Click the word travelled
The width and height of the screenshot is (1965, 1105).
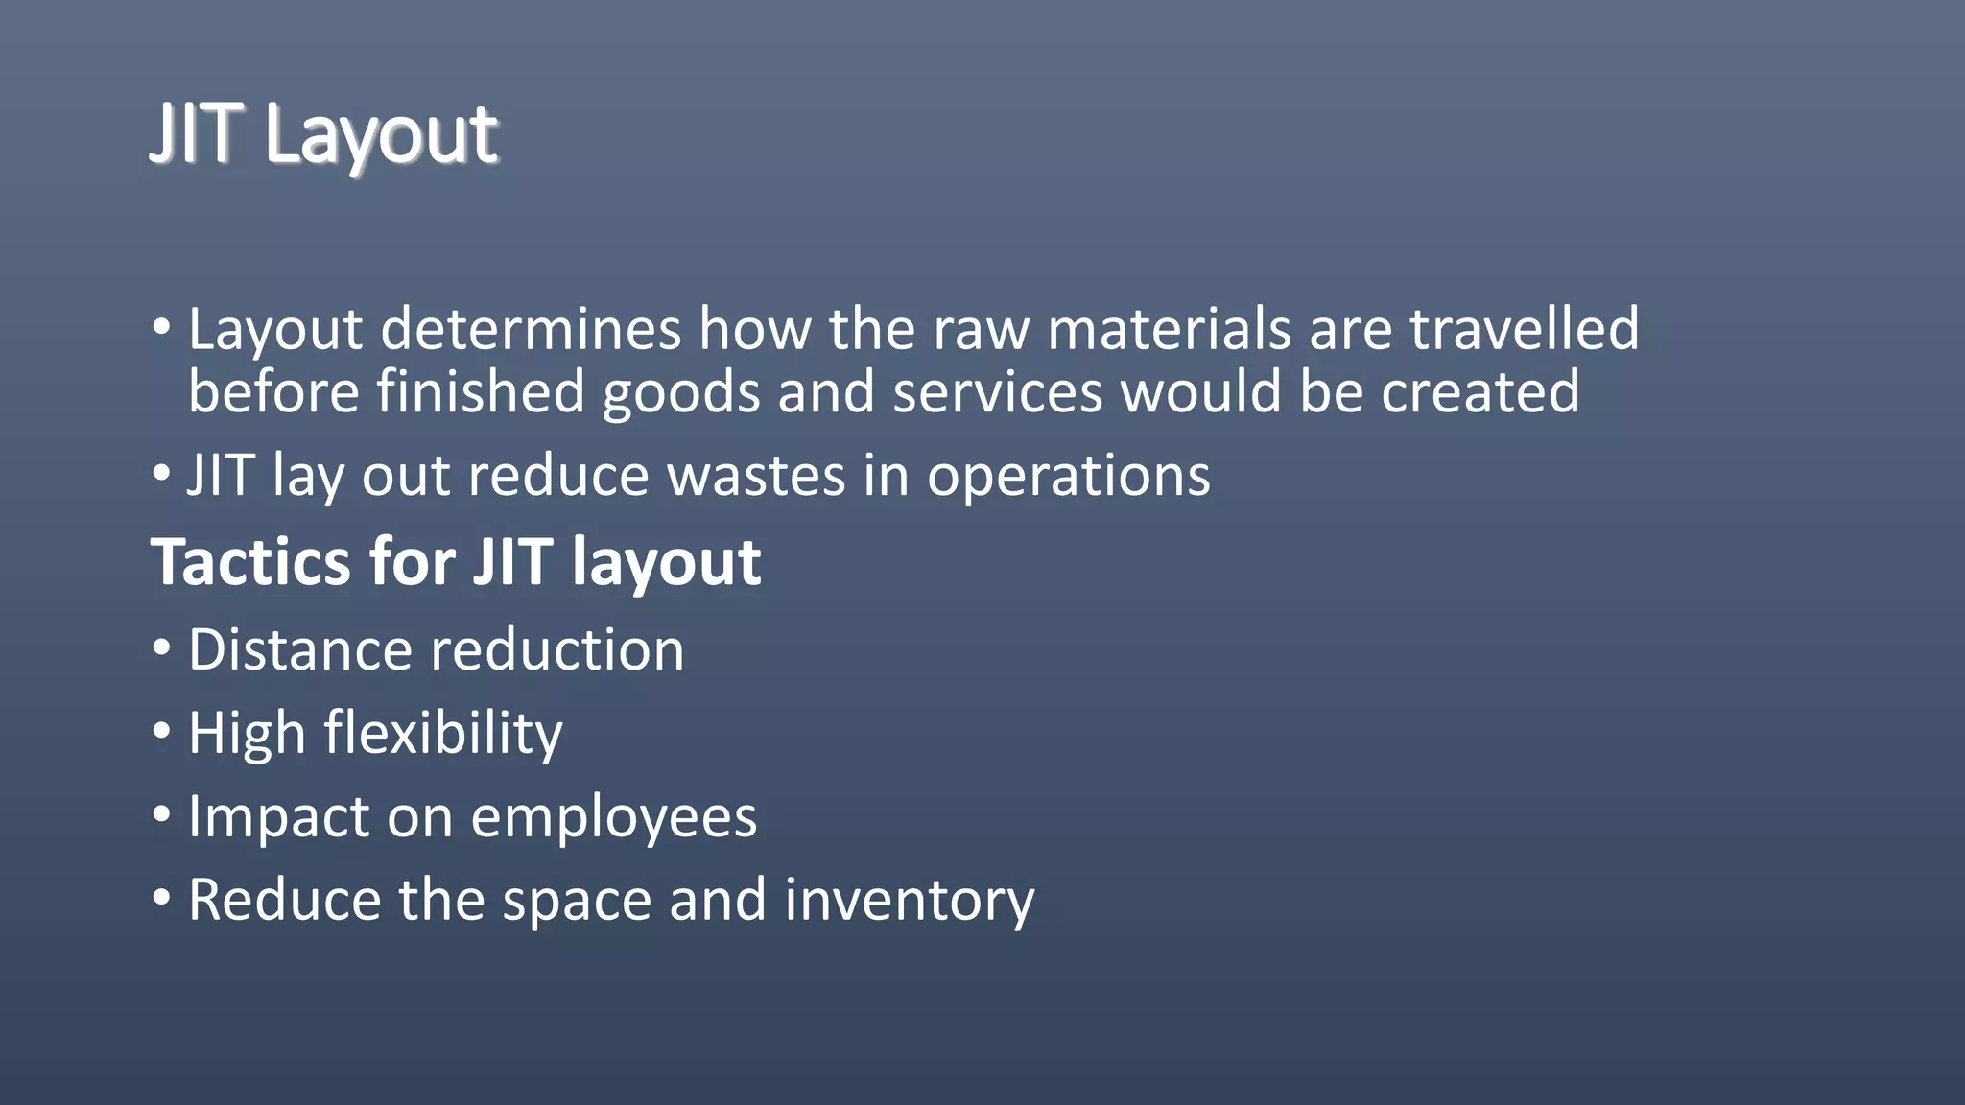(x=1524, y=329)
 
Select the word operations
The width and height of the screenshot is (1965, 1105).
(x=1068, y=477)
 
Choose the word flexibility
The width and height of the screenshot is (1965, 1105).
(x=443, y=734)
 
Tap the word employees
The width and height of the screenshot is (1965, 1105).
(x=614, y=818)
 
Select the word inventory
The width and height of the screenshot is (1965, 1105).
(x=909, y=901)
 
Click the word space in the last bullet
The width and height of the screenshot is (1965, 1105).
(x=576, y=903)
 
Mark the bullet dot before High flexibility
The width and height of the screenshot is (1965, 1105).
(x=161, y=732)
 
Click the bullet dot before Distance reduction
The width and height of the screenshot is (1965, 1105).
(x=161, y=648)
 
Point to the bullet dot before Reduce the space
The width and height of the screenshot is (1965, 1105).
(x=161, y=899)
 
